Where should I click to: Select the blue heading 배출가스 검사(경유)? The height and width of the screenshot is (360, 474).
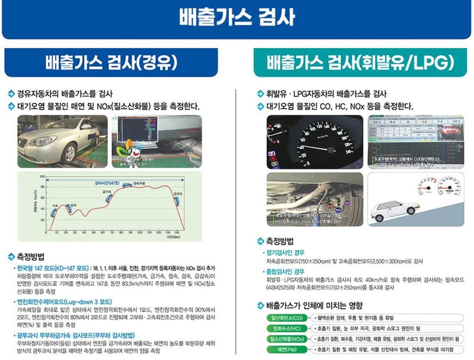[111, 63]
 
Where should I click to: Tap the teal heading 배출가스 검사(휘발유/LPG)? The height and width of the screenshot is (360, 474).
[360, 63]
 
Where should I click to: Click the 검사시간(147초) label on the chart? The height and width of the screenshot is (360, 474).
[107, 183]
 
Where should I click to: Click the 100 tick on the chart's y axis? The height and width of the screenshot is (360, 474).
[42, 177]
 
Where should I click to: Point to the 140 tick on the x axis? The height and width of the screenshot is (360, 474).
[177, 233]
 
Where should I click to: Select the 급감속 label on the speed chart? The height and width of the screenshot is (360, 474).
[178, 194]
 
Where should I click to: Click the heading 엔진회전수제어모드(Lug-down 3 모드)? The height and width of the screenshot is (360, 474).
[64, 302]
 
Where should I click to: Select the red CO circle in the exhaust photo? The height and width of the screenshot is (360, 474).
[330, 206]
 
